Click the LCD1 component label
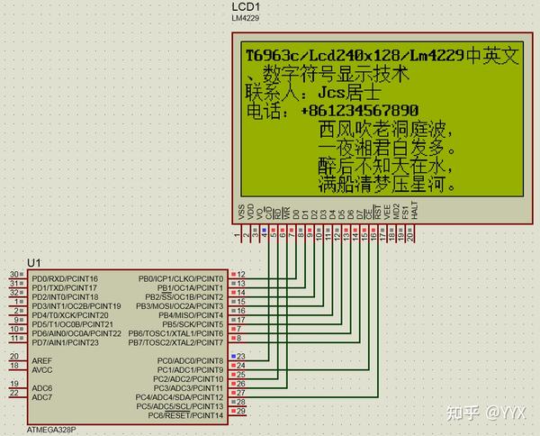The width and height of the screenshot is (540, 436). tap(246, 7)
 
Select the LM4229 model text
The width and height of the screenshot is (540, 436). tap(246, 20)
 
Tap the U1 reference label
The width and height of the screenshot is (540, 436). tap(34, 262)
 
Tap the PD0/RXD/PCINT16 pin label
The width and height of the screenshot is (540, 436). tap(65, 279)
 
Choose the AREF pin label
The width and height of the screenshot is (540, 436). tap(42, 360)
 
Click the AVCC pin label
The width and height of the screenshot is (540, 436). tap(42, 369)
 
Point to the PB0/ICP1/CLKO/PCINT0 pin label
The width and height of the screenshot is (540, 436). tap(181, 279)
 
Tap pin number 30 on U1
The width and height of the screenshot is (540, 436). tap(14, 274)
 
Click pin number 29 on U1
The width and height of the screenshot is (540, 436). tap(241, 411)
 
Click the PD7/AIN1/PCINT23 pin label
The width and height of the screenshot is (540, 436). tap(64, 342)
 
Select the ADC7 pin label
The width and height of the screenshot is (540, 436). tap(42, 396)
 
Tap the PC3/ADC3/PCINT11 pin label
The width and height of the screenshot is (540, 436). tap(186, 387)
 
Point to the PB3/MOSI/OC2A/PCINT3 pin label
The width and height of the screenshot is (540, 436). tap(179, 306)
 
